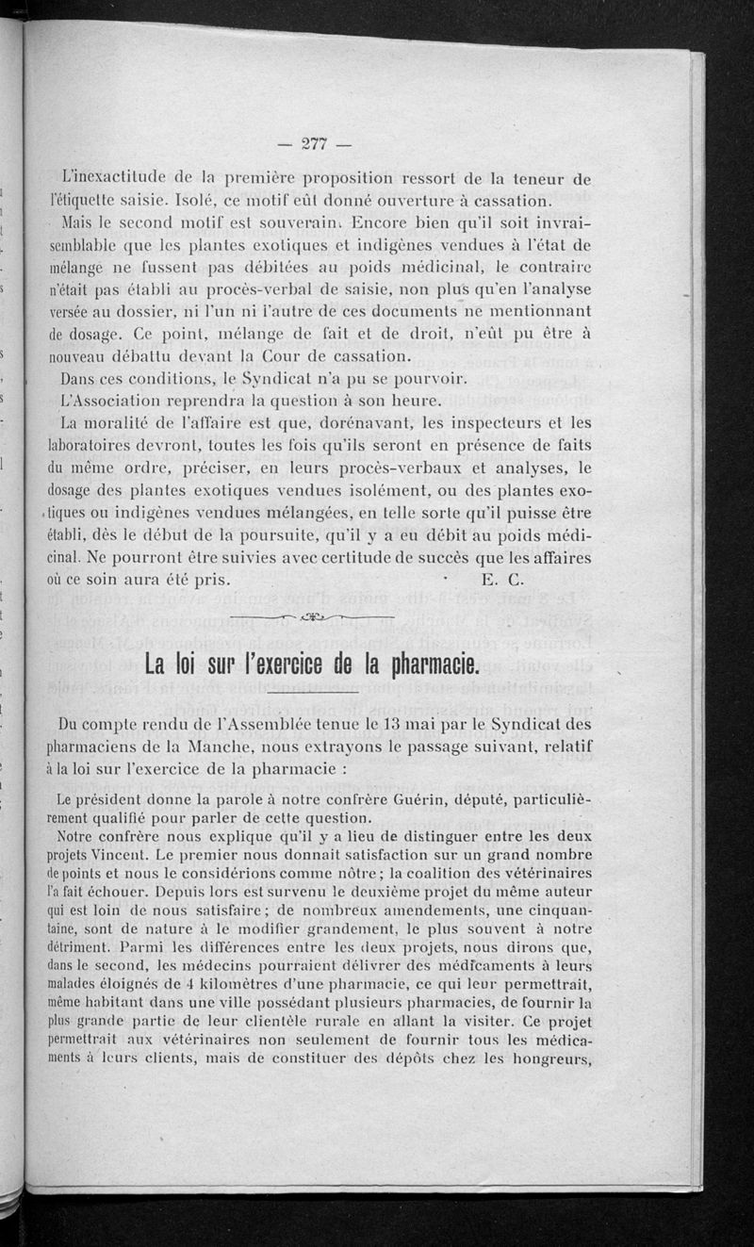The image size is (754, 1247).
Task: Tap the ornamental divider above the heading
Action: coord(312,618)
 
